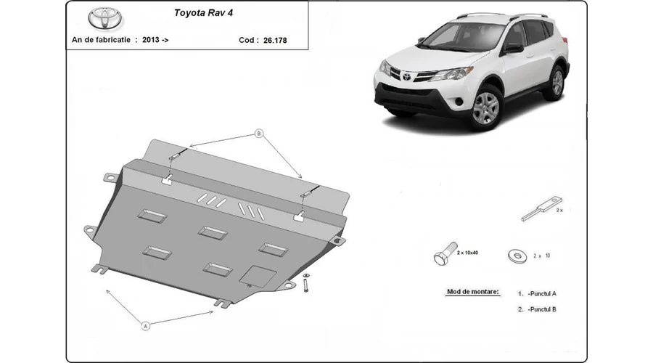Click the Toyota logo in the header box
(x=105, y=18)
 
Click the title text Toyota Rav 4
(x=203, y=13)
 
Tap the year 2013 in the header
(x=151, y=40)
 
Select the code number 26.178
(x=275, y=41)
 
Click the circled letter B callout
(x=259, y=134)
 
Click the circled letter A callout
(x=145, y=326)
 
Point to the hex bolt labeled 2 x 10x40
(x=445, y=254)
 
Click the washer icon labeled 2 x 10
(x=517, y=256)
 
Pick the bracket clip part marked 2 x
(x=541, y=208)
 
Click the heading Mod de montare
(x=472, y=292)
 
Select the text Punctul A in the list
(x=542, y=293)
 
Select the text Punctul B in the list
(x=542, y=309)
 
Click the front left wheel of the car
(x=486, y=107)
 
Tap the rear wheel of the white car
(x=557, y=83)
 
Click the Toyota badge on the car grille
(x=406, y=76)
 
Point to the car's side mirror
(x=514, y=48)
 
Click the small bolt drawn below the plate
(x=306, y=282)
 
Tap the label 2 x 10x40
(x=467, y=253)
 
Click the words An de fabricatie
(x=101, y=40)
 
